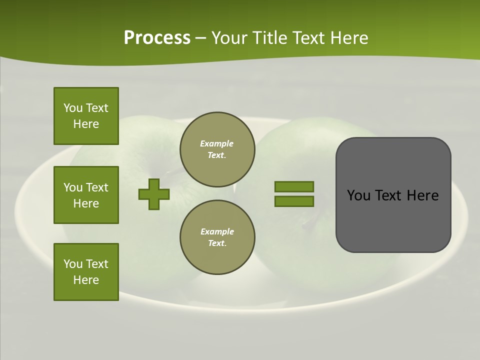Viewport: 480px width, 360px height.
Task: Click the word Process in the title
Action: click(x=157, y=38)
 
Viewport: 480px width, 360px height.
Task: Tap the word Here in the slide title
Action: click(x=349, y=38)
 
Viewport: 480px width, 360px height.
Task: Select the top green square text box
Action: click(x=86, y=116)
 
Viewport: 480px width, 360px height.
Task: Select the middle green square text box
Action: click(x=86, y=195)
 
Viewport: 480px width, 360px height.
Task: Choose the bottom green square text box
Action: click(x=86, y=272)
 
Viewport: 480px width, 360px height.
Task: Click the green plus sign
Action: click(x=154, y=194)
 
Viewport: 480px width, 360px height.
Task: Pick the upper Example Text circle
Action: click(x=217, y=149)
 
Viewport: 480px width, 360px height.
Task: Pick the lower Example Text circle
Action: click(x=217, y=237)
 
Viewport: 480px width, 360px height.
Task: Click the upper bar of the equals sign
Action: click(x=294, y=187)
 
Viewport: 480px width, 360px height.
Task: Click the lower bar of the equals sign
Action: click(x=294, y=201)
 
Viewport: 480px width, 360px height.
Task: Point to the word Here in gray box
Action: click(x=423, y=195)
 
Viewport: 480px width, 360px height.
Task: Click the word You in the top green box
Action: click(x=73, y=108)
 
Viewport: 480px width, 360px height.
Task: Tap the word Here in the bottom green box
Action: click(x=86, y=280)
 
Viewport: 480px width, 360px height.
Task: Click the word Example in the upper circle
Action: click(x=216, y=143)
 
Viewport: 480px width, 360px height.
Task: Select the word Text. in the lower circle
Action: click(x=217, y=243)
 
